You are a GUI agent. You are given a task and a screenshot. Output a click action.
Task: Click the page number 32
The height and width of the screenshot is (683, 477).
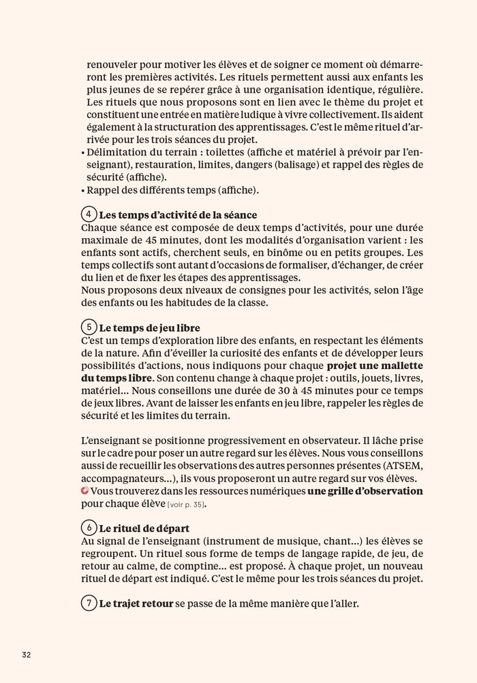[26, 654]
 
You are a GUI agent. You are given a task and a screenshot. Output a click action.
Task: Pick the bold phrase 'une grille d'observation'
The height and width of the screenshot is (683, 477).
[365, 491]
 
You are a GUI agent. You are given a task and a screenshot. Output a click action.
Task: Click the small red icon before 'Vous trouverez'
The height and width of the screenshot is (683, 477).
[84, 491]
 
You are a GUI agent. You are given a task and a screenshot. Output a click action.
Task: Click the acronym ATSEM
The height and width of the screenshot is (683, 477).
[405, 466]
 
